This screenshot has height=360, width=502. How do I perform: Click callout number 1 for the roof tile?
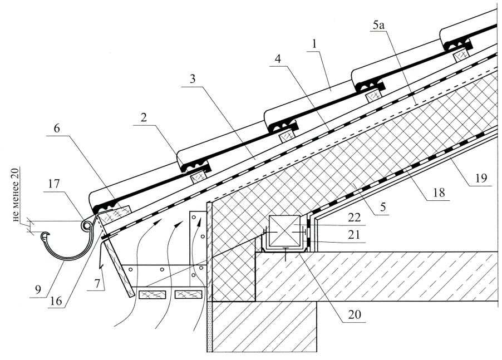(x=314, y=45)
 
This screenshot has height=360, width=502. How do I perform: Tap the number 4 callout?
(x=278, y=59)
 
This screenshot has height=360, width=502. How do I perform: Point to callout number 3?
(x=192, y=79)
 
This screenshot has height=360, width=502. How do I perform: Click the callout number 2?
(x=144, y=118)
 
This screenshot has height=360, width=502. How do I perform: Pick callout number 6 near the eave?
(x=57, y=129)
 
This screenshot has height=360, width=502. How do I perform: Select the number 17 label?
(x=54, y=184)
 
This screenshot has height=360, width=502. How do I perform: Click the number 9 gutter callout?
(x=38, y=290)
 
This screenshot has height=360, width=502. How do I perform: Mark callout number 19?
(x=480, y=178)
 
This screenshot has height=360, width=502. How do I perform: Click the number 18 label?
(x=439, y=193)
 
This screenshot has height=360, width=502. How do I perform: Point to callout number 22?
(x=354, y=218)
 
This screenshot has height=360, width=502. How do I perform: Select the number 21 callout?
(x=353, y=235)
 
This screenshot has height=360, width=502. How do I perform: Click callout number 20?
(x=354, y=315)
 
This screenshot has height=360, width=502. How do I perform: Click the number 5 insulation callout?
(x=383, y=207)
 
